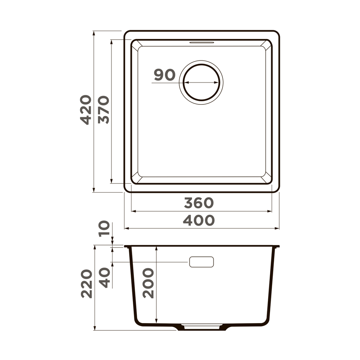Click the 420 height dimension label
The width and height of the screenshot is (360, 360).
pos(85,110)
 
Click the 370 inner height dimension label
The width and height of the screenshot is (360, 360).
pos(103,110)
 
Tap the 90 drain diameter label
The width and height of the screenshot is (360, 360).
pos(165,75)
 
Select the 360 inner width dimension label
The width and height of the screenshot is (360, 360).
pos(199,203)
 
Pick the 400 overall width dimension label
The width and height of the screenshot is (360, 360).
pos(199,220)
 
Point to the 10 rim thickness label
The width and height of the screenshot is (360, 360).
pos(104,229)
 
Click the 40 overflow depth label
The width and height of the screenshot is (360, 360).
pos(104,278)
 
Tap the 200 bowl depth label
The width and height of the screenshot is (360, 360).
pos(148,283)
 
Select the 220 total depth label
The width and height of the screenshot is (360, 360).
pos(86,284)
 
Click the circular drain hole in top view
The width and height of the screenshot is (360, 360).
pos(201,82)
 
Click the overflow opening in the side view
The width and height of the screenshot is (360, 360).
pos(201,262)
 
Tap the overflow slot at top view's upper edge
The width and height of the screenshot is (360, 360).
pos(201,43)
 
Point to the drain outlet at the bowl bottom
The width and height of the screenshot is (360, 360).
pos(201,326)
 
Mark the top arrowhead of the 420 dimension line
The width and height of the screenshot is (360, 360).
pos(94,33)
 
